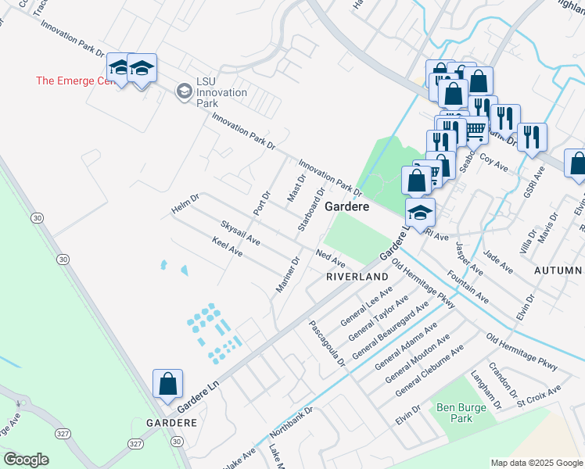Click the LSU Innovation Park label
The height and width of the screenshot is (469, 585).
221,92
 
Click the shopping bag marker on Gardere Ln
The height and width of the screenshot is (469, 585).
167,385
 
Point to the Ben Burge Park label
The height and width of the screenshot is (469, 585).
455,413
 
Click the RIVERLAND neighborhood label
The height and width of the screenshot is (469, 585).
357,277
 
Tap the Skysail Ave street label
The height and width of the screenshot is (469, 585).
239,232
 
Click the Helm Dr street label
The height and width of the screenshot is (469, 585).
186,206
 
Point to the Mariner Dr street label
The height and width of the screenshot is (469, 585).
288,276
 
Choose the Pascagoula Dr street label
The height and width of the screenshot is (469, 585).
327,343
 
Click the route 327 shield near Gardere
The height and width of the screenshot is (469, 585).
136,443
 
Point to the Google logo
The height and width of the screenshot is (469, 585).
26,460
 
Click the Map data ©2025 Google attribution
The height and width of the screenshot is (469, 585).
537,463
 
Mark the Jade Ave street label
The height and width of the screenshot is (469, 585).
498,262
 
